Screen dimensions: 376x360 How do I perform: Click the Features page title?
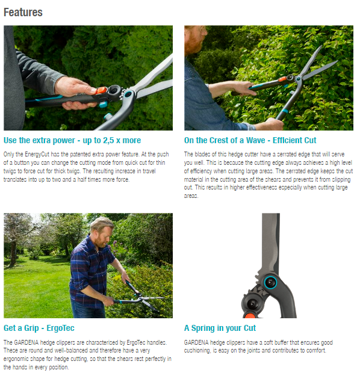tap(23, 12)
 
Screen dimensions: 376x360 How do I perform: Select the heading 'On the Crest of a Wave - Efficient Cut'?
tap(250, 140)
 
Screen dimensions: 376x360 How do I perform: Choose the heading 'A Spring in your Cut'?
tap(220, 328)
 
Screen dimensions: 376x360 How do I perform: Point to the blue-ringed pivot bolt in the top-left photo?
tap(128, 94)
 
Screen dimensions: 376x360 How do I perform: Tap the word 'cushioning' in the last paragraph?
tap(200, 350)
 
